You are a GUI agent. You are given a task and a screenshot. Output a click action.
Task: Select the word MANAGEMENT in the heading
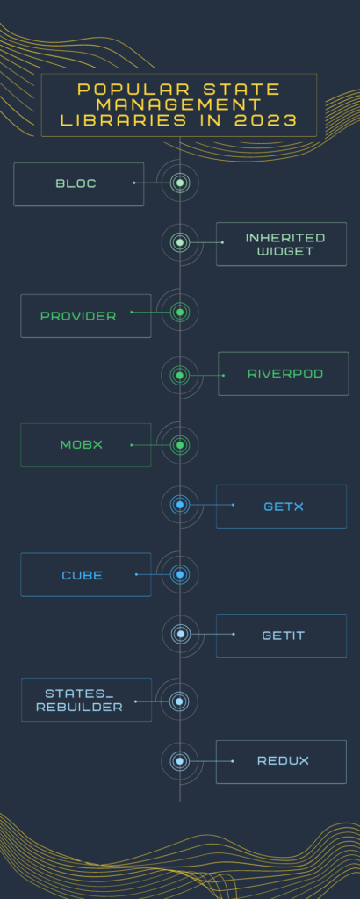coord(179,105)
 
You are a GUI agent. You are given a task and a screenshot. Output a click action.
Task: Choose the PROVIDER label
coord(78,316)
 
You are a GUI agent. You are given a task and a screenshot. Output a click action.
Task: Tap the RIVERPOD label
coord(284,374)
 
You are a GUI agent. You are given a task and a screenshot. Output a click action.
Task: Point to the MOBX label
coord(82,444)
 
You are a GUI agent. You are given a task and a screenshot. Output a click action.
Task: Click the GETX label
coord(284,507)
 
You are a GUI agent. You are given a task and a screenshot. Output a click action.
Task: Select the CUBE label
coord(83,575)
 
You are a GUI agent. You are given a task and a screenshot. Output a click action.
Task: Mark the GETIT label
coord(284,636)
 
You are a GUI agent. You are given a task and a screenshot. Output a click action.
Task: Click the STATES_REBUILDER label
coord(79,701)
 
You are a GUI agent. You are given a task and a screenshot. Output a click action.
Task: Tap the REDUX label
coord(284,761)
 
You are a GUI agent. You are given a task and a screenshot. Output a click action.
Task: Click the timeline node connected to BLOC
coord(180,183)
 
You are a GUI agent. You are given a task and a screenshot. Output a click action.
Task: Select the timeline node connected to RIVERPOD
coord(180,376)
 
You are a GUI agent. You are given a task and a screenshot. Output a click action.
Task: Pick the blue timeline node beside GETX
coord(180,505)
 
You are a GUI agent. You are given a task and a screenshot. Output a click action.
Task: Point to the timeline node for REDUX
coord(180,761)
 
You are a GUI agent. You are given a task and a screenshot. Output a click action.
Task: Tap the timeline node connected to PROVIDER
coord(180,312)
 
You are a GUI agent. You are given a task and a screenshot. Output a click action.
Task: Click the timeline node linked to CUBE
coord(180,574)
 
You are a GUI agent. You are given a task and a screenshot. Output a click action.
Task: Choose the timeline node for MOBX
coord(180,445)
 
